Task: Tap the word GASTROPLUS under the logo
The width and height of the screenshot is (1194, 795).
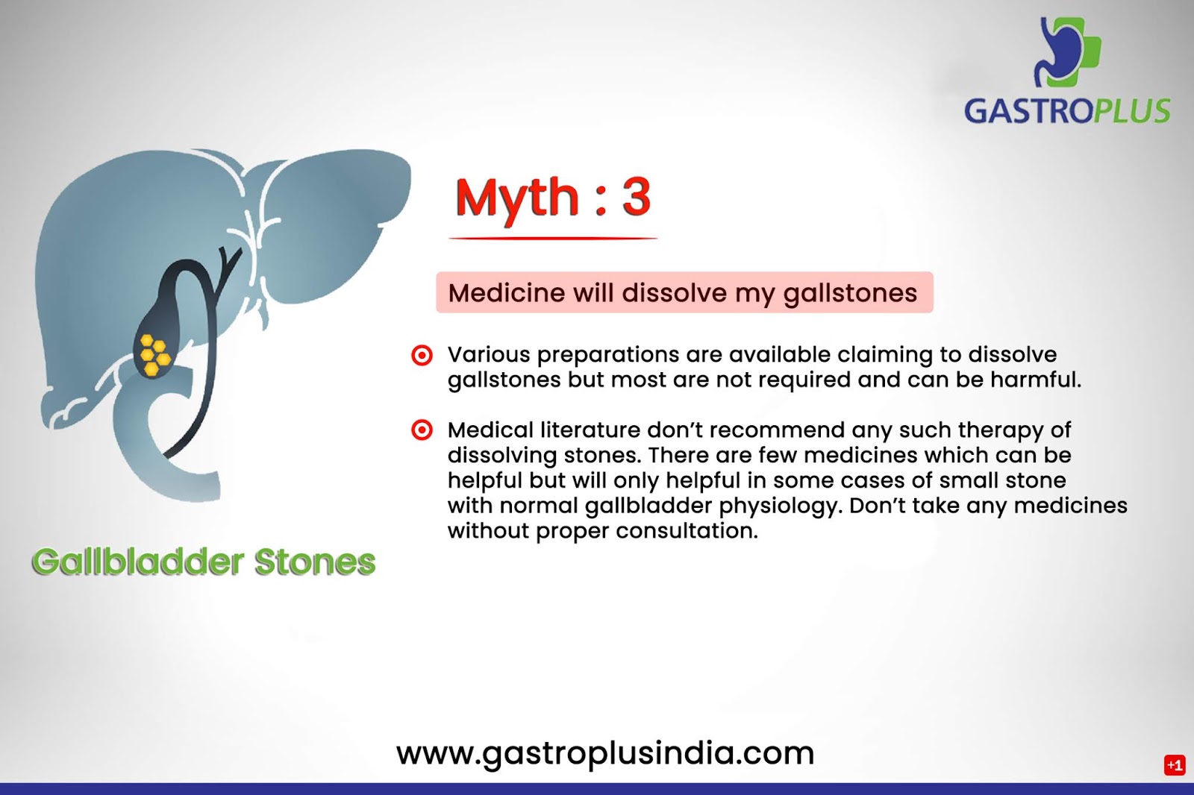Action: (1067, 111)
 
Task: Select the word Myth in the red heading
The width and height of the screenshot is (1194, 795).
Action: (516, 200)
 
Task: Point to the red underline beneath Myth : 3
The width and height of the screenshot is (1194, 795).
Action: (553, 238)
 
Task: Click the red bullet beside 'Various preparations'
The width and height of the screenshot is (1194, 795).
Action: (422, 355)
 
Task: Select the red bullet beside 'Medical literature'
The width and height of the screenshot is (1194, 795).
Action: (422, 430)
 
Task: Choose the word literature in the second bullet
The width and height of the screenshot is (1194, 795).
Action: (590, 430)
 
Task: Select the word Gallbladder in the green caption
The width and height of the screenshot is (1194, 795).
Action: (137, 562)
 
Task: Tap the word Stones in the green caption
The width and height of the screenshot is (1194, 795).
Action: (315, 562)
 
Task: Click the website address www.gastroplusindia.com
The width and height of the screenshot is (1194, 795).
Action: (605, 753)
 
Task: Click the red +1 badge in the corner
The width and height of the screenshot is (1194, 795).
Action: (1175, 765)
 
